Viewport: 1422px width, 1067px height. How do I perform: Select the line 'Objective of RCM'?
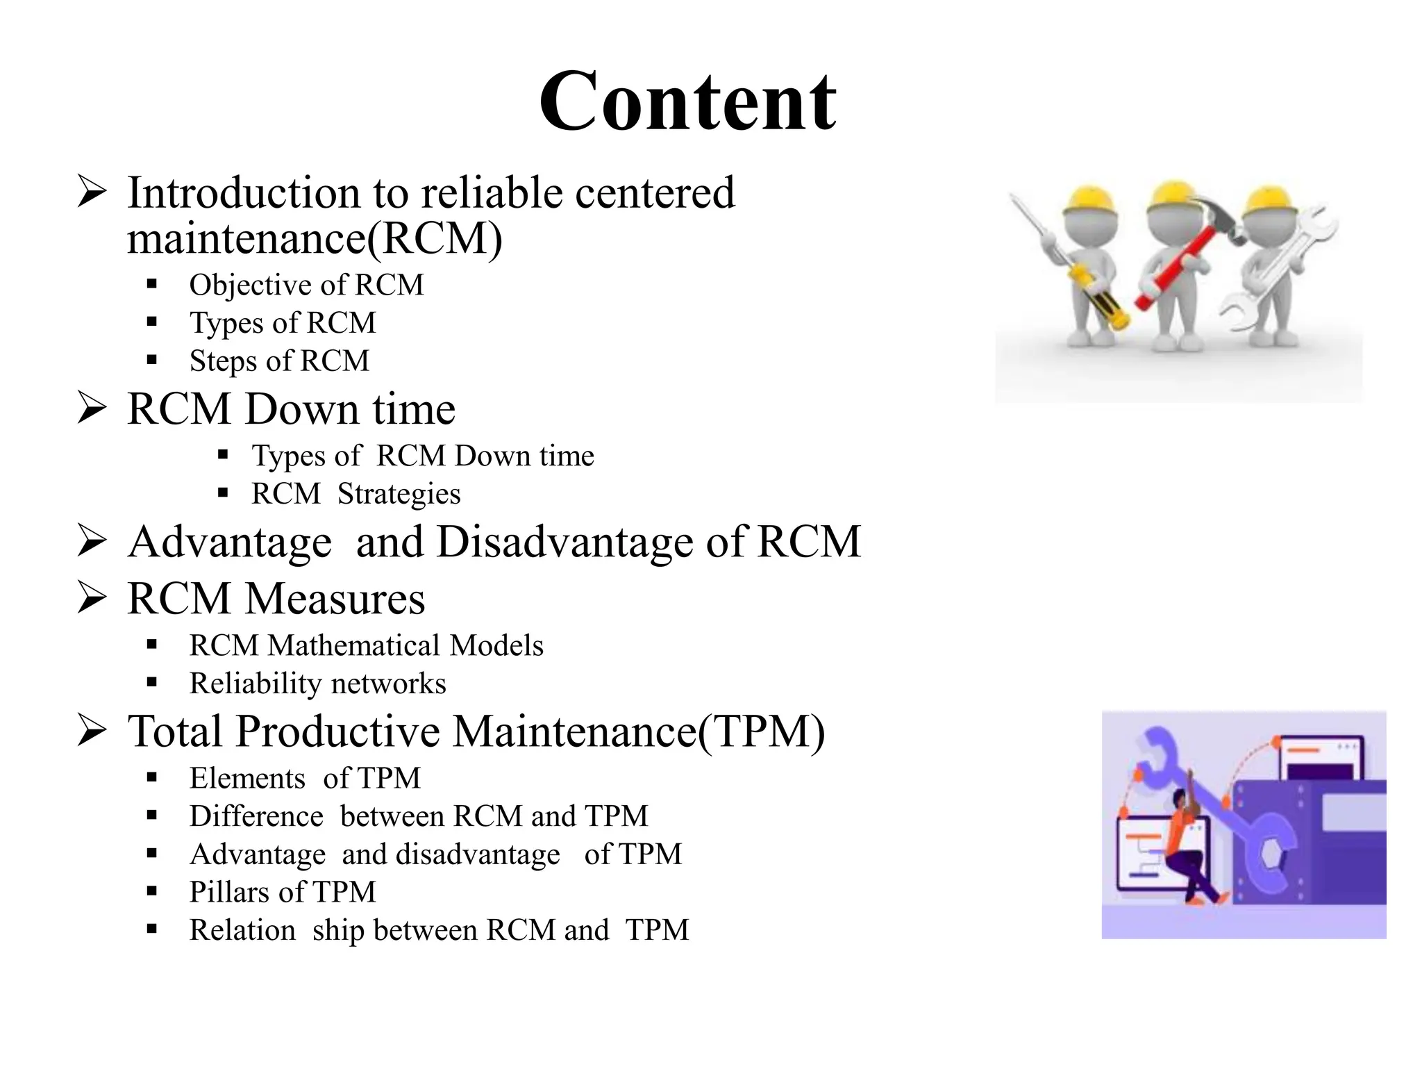click(306, 285)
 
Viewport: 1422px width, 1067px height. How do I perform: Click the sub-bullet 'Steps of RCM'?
click(279, 361)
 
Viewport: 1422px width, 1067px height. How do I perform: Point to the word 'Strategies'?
click(399, 494)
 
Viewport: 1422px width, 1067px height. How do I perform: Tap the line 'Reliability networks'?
click(317, 684)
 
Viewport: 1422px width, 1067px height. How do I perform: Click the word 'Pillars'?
click(230, 892)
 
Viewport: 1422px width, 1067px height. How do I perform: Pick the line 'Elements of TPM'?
click(305, 778)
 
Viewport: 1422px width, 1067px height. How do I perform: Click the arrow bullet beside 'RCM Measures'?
click(92, 597)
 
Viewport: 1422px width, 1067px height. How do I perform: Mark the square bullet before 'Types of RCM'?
click(152, 322)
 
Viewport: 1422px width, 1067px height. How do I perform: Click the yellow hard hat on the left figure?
click(1090, 201)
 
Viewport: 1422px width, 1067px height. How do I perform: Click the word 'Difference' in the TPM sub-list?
click(256, 816)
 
